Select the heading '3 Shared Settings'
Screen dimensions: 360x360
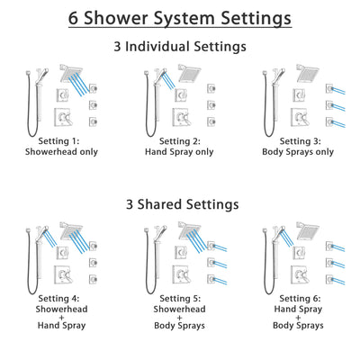180,203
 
